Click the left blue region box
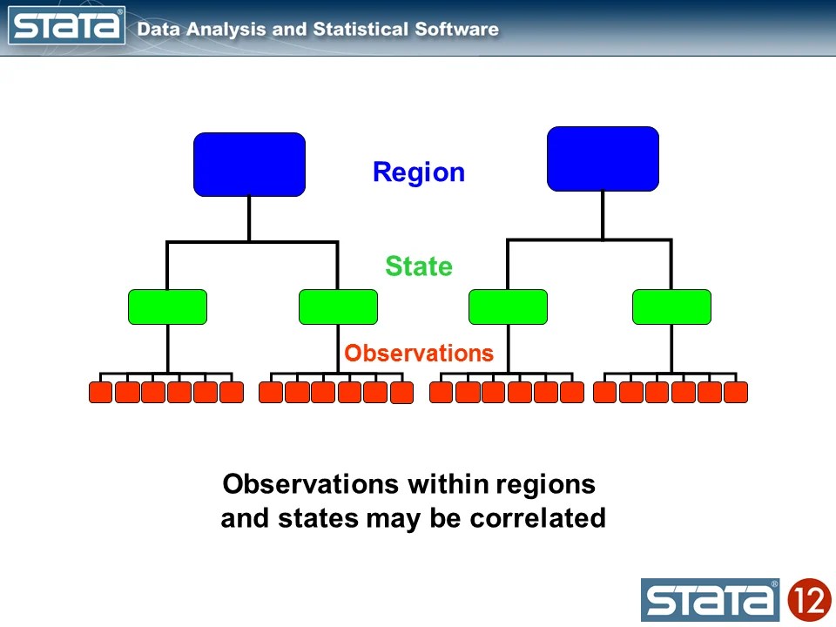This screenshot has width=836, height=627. click(249, 164)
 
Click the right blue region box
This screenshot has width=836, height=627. click(603, 158)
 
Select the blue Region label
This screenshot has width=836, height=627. click(418, 172)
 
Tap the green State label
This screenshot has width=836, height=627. click(419, 266)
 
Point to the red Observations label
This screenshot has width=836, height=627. click(419, 353)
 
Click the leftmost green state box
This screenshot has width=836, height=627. click(167, 307)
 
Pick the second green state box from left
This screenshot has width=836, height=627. click(338, 307)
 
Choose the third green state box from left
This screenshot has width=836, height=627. click(508, 307)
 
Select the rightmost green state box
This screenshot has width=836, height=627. click(671, 307)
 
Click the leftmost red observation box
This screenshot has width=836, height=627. click(100, 393)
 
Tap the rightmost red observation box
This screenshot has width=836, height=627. click(736, 393)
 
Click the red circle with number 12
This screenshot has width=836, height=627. click(809, 600)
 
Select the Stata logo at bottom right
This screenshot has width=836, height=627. click(711, 600)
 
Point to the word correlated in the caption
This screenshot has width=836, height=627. click(537, 518)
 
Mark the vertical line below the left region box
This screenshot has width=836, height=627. click(249, 218)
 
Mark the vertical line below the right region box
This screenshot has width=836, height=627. click(603, 214)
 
